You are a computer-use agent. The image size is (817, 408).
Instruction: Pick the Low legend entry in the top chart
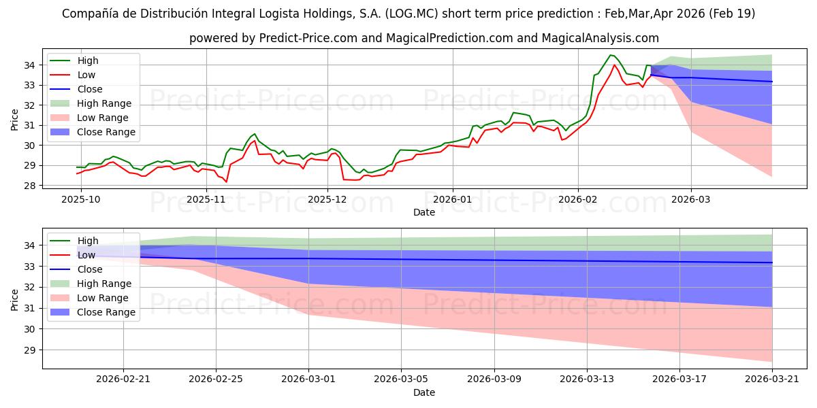pyautogui.click(x=86, y=75)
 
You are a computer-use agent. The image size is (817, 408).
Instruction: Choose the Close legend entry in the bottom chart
pyautogui.click(x=91, y=269)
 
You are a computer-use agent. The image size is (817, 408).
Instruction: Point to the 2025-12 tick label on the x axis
pyautogui.click(x=327, y=199)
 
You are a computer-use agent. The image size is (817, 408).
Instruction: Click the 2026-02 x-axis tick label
pyautogui.click(x=578, y=199)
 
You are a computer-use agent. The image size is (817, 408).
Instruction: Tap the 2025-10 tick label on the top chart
pyautogui.click(x=80, y=199)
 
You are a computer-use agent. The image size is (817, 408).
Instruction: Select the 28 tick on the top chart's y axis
pyautogui.click(x=31, y=185)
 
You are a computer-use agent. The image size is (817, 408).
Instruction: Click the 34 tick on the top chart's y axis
pyautogui.click(x=31, y=65)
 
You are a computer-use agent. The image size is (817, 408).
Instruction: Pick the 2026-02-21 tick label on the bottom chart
pyautogui.click(x=123, y=379)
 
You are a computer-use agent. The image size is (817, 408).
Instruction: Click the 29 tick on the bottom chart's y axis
pyautogui.click(x=31, y=350)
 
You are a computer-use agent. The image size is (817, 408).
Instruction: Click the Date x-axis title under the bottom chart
pyautogui.click(x=423, y=392)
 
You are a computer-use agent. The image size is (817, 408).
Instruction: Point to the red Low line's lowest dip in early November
pyautogui.click(x=226, y=182)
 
